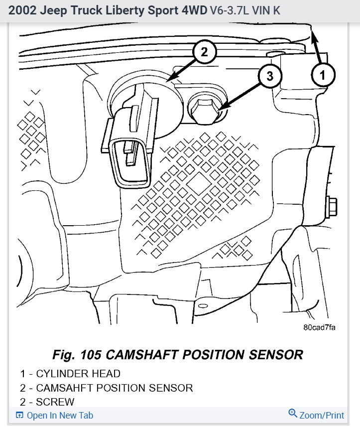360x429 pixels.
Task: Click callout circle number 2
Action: click(204, 51)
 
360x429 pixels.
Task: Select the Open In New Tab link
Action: click(60, 415)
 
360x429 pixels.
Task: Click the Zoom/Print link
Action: click(322, 415)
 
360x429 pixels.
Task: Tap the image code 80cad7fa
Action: click(319, 327)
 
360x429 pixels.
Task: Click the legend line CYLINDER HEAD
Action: click(70, 373)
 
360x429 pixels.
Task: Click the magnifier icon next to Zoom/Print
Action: click(293, 414)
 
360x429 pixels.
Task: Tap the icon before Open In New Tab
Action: click(19, 415)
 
